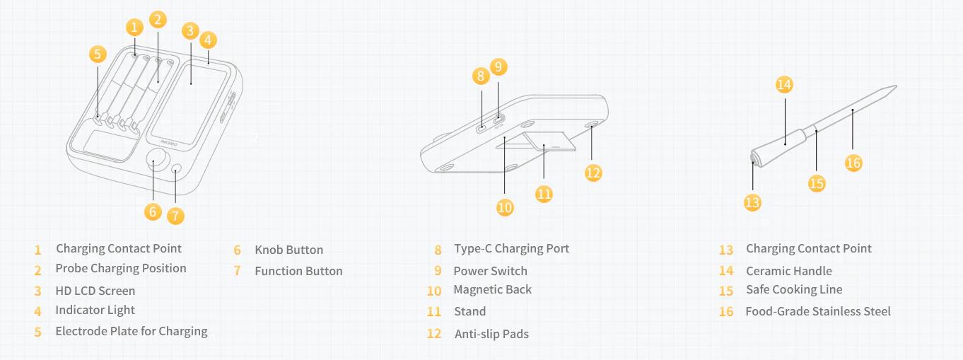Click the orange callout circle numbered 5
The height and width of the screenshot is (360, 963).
98,54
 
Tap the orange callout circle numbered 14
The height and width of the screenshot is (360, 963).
784,84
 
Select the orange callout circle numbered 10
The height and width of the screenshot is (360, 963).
505,208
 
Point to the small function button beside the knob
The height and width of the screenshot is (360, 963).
176,168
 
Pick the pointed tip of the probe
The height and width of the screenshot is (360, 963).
896,86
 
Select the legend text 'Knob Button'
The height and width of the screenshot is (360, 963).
289,250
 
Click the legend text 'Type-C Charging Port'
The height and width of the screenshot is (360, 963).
512,248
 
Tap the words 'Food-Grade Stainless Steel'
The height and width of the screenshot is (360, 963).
818,311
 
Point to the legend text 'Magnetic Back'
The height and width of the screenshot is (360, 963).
493,290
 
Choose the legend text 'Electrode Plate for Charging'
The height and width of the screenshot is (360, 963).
132,331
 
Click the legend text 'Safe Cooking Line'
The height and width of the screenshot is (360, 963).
794,290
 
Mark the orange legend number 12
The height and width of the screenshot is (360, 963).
434,334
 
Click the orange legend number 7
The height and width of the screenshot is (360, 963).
237,271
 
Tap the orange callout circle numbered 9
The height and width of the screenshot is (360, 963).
498,66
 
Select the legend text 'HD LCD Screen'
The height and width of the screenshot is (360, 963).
95,291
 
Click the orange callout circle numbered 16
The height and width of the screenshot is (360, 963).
853,163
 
